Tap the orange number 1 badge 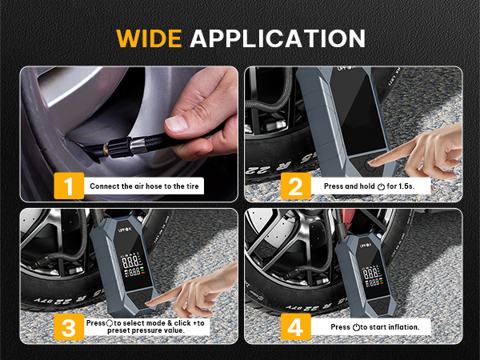70,186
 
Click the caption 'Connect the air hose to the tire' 146,187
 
